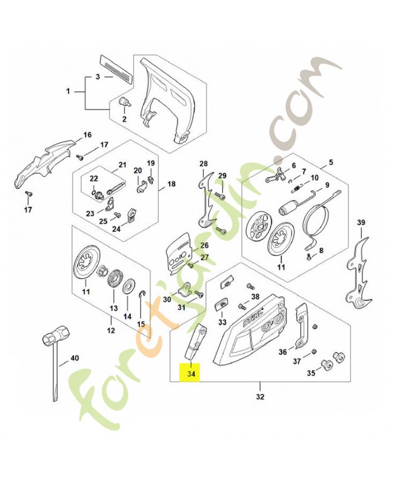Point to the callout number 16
click(87, 134)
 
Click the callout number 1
click(68, 92)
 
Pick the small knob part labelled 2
click(125, 102)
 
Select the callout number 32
click(261, 397)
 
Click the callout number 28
click(204, 164)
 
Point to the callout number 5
click(331, 162)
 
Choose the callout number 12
click(111, 330)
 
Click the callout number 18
click(171, 184)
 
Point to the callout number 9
click(327, 185)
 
